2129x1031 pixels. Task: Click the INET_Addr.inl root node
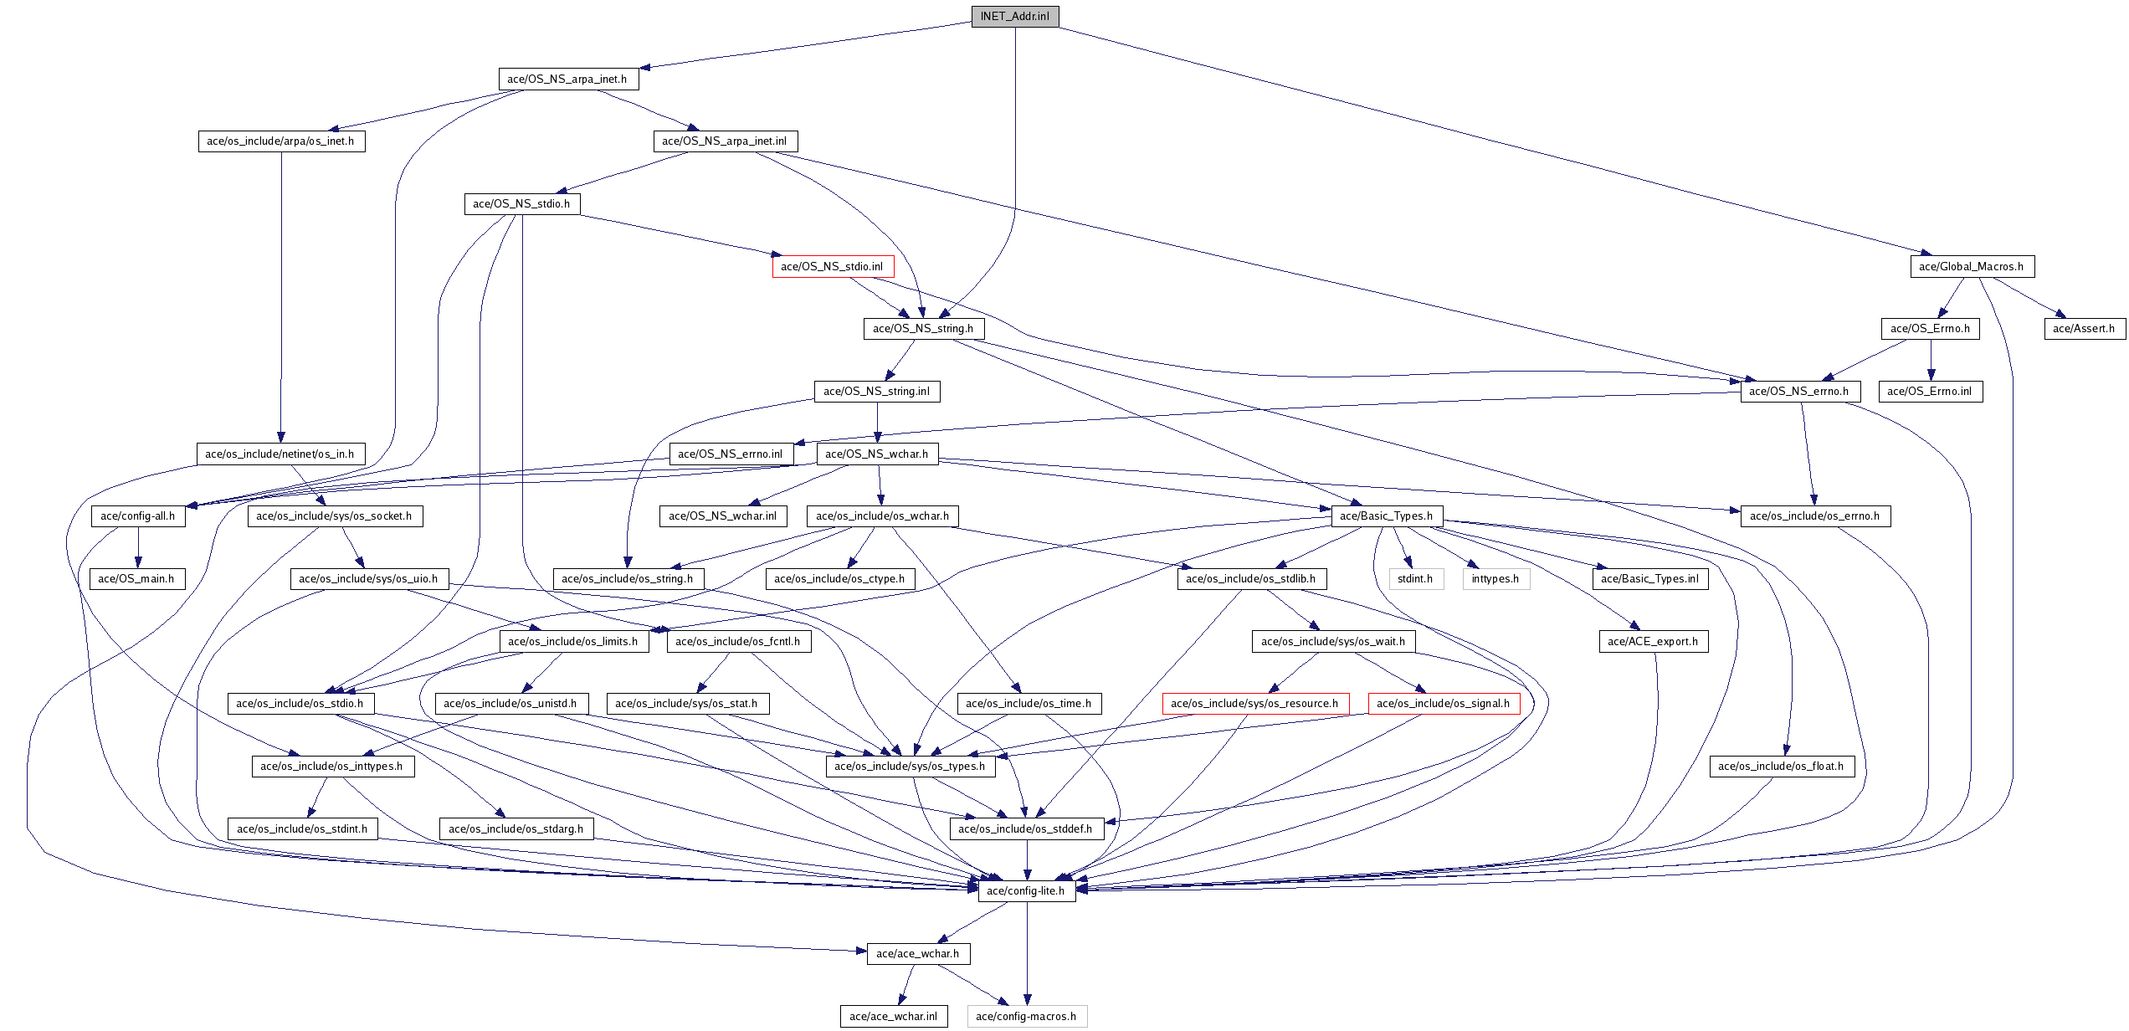[1015, 17]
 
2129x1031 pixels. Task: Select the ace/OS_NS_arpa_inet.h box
[568, 80]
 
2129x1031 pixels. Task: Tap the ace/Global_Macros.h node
[1972, 267]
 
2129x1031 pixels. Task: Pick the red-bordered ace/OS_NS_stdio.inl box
[833, 267]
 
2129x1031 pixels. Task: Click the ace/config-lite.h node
[1027, 891]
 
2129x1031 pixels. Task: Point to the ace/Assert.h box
[2084, 329]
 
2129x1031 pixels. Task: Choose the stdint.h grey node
[1416, 579]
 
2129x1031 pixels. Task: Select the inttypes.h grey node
[1496, 579]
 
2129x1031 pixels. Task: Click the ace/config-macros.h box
[1027, 1017]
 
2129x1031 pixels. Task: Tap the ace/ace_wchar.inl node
[895, 1017]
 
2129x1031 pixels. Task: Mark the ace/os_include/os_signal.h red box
[1444, 704]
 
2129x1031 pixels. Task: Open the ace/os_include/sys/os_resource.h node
[1255, 704]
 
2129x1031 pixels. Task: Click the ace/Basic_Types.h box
[1387, 516]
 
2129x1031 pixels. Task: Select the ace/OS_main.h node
[137, 579]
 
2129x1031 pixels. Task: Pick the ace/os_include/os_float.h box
[1782, 767]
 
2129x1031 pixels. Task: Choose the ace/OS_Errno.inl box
[1931, 392]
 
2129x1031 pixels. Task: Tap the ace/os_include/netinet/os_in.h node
[280, 454]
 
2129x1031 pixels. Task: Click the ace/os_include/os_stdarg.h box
[516, 829]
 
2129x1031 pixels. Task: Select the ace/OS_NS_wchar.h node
[877, 454]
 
